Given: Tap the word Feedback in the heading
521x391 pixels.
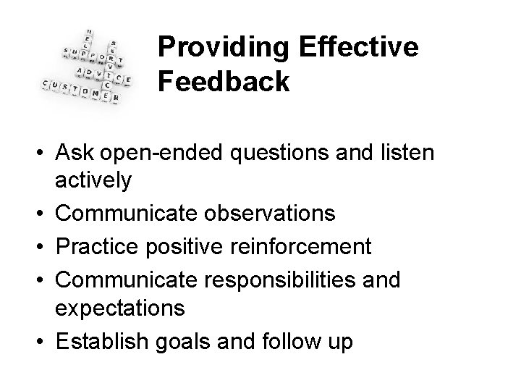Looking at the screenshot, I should coord(224,81).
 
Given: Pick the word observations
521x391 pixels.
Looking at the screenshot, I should coord(265,214).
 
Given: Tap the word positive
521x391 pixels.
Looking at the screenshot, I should coord(193,246).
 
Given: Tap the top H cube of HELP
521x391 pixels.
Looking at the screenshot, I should coord(88,33).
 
